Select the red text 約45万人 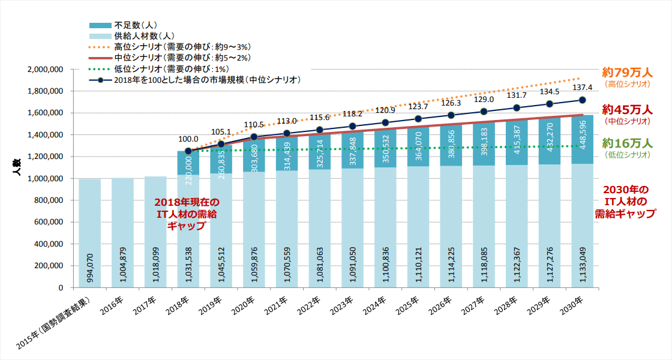(x=627, y=109)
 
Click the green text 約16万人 (x=627, y=143)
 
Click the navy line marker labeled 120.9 (x=385, y=122)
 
